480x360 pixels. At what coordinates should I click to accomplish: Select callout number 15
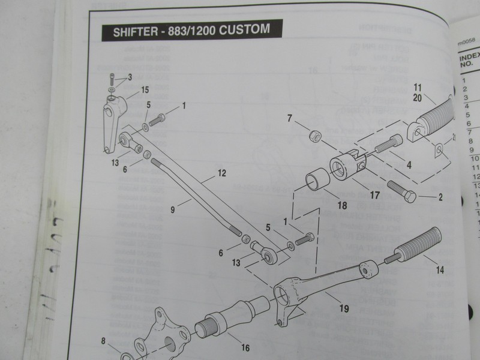click(x=145, y=91)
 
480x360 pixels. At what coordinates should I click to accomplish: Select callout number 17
click(x=375, y=195)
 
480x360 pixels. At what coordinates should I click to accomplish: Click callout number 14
click(x=440, y=269)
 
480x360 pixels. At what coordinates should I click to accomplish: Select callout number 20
click(x=418, y=96)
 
